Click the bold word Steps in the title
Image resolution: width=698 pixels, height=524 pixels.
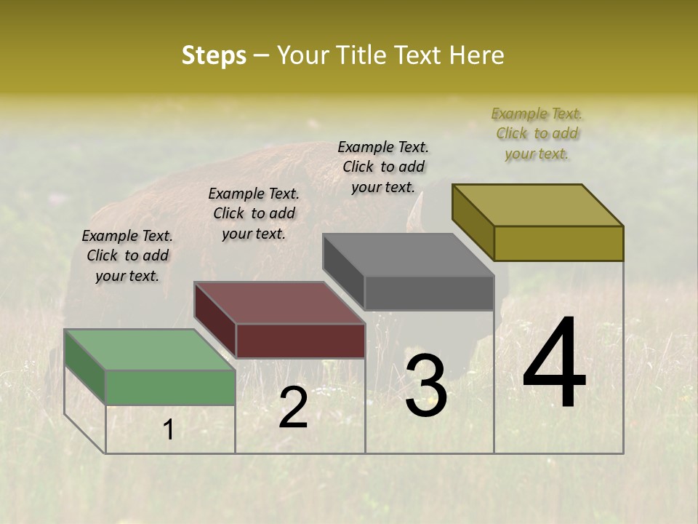[214, 55]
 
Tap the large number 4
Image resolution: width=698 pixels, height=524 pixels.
[554, 363]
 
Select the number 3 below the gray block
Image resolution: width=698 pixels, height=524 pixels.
[426, 386]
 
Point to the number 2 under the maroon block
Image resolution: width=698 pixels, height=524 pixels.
[293, 408]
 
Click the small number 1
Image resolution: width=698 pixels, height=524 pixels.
[168, 430]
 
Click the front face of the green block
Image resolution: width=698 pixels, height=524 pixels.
[171, 387]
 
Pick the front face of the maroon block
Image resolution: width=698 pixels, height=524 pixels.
[300, 341]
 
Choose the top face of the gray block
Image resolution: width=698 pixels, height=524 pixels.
[408, 255]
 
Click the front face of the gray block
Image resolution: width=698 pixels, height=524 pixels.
[429, 293]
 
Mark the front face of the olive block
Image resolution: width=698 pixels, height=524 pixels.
[558, 243]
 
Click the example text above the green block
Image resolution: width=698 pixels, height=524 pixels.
[127, 255]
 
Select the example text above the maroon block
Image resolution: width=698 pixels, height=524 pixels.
[254, 213]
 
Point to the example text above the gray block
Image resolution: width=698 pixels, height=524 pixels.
[383, 167]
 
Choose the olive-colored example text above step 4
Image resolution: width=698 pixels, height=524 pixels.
[537, 133]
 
